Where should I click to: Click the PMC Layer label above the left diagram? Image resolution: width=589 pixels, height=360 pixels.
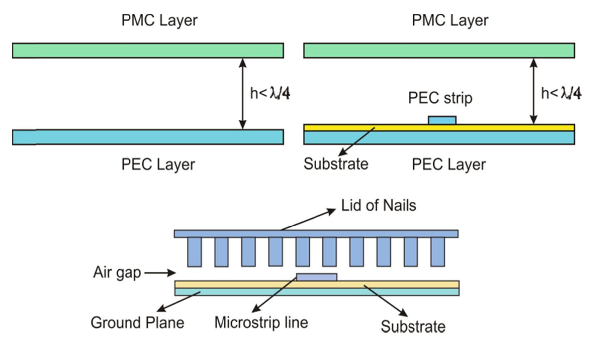click(159, 20)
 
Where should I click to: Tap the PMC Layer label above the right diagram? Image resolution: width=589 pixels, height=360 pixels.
click(450, 20)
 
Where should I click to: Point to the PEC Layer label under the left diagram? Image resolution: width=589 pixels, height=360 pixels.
click(158, 164)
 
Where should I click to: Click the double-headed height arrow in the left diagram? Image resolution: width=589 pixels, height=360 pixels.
click(243, 94)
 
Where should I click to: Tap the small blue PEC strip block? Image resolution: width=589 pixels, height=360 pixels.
click(442, 120)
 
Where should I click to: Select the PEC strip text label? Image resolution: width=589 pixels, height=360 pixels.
click(440, 98)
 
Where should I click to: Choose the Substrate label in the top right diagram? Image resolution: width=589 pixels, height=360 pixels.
click(336, 163)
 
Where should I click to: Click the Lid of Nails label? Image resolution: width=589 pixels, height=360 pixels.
click(379, 205)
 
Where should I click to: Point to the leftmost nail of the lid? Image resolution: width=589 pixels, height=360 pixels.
click(195, 252)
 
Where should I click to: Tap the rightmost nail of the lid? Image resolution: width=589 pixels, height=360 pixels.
click(438, 252)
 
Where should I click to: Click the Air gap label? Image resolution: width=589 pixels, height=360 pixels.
click(117, 273)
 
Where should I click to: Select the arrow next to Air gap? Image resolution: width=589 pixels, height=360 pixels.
click(160, 273)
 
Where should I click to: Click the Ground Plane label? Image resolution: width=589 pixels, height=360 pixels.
click(137, 323)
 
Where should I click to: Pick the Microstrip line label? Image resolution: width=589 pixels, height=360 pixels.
click(261, 322)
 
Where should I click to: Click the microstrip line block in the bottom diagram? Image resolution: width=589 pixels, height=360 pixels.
click(317, 277)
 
